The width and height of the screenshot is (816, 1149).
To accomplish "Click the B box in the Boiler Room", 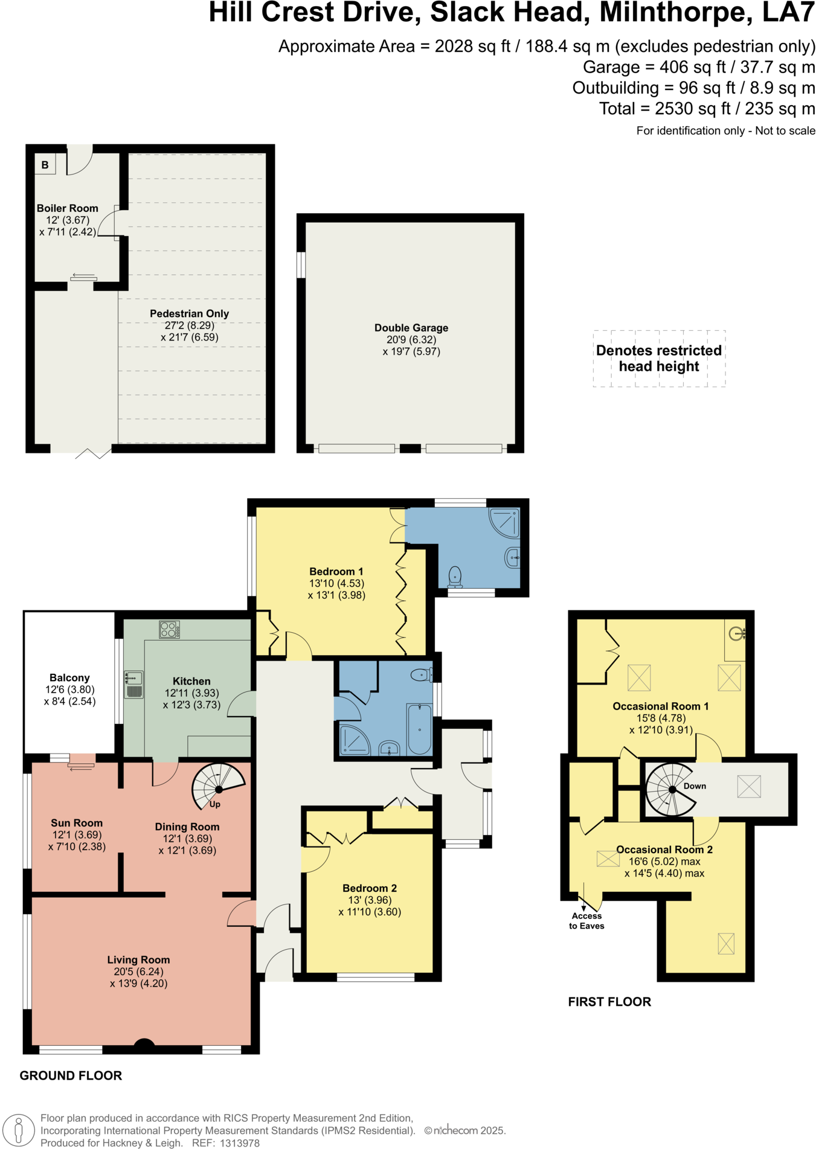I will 45,165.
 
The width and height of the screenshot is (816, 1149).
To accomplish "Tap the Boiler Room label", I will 67,208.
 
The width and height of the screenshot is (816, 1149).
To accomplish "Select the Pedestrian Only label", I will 189,313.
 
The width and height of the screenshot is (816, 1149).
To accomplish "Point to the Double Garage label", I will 411,328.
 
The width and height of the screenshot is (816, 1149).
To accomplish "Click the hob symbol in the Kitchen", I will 169,630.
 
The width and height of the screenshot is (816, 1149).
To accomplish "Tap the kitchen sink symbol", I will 134,684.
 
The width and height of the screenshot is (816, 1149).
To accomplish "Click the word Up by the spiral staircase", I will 215,804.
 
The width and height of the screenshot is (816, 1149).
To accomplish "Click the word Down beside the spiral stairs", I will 695,786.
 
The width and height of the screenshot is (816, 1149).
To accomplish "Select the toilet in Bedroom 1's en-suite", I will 455,576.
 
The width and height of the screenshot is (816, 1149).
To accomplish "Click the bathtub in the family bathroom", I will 419,729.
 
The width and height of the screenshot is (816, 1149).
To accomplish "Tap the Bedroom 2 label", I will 369,888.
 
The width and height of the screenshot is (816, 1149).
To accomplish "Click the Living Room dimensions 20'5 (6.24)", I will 138,971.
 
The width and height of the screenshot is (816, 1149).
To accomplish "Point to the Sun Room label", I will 77,823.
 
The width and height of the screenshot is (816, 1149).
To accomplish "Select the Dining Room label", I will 187,827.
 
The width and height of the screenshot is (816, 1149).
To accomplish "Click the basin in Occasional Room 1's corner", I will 736,633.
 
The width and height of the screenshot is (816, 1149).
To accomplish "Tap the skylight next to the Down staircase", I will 748,787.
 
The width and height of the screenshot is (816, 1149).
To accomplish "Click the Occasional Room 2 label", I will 664,850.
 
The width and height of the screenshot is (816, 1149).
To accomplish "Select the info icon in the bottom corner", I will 19,1130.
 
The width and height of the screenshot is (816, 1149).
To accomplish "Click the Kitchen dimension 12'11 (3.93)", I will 191,693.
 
